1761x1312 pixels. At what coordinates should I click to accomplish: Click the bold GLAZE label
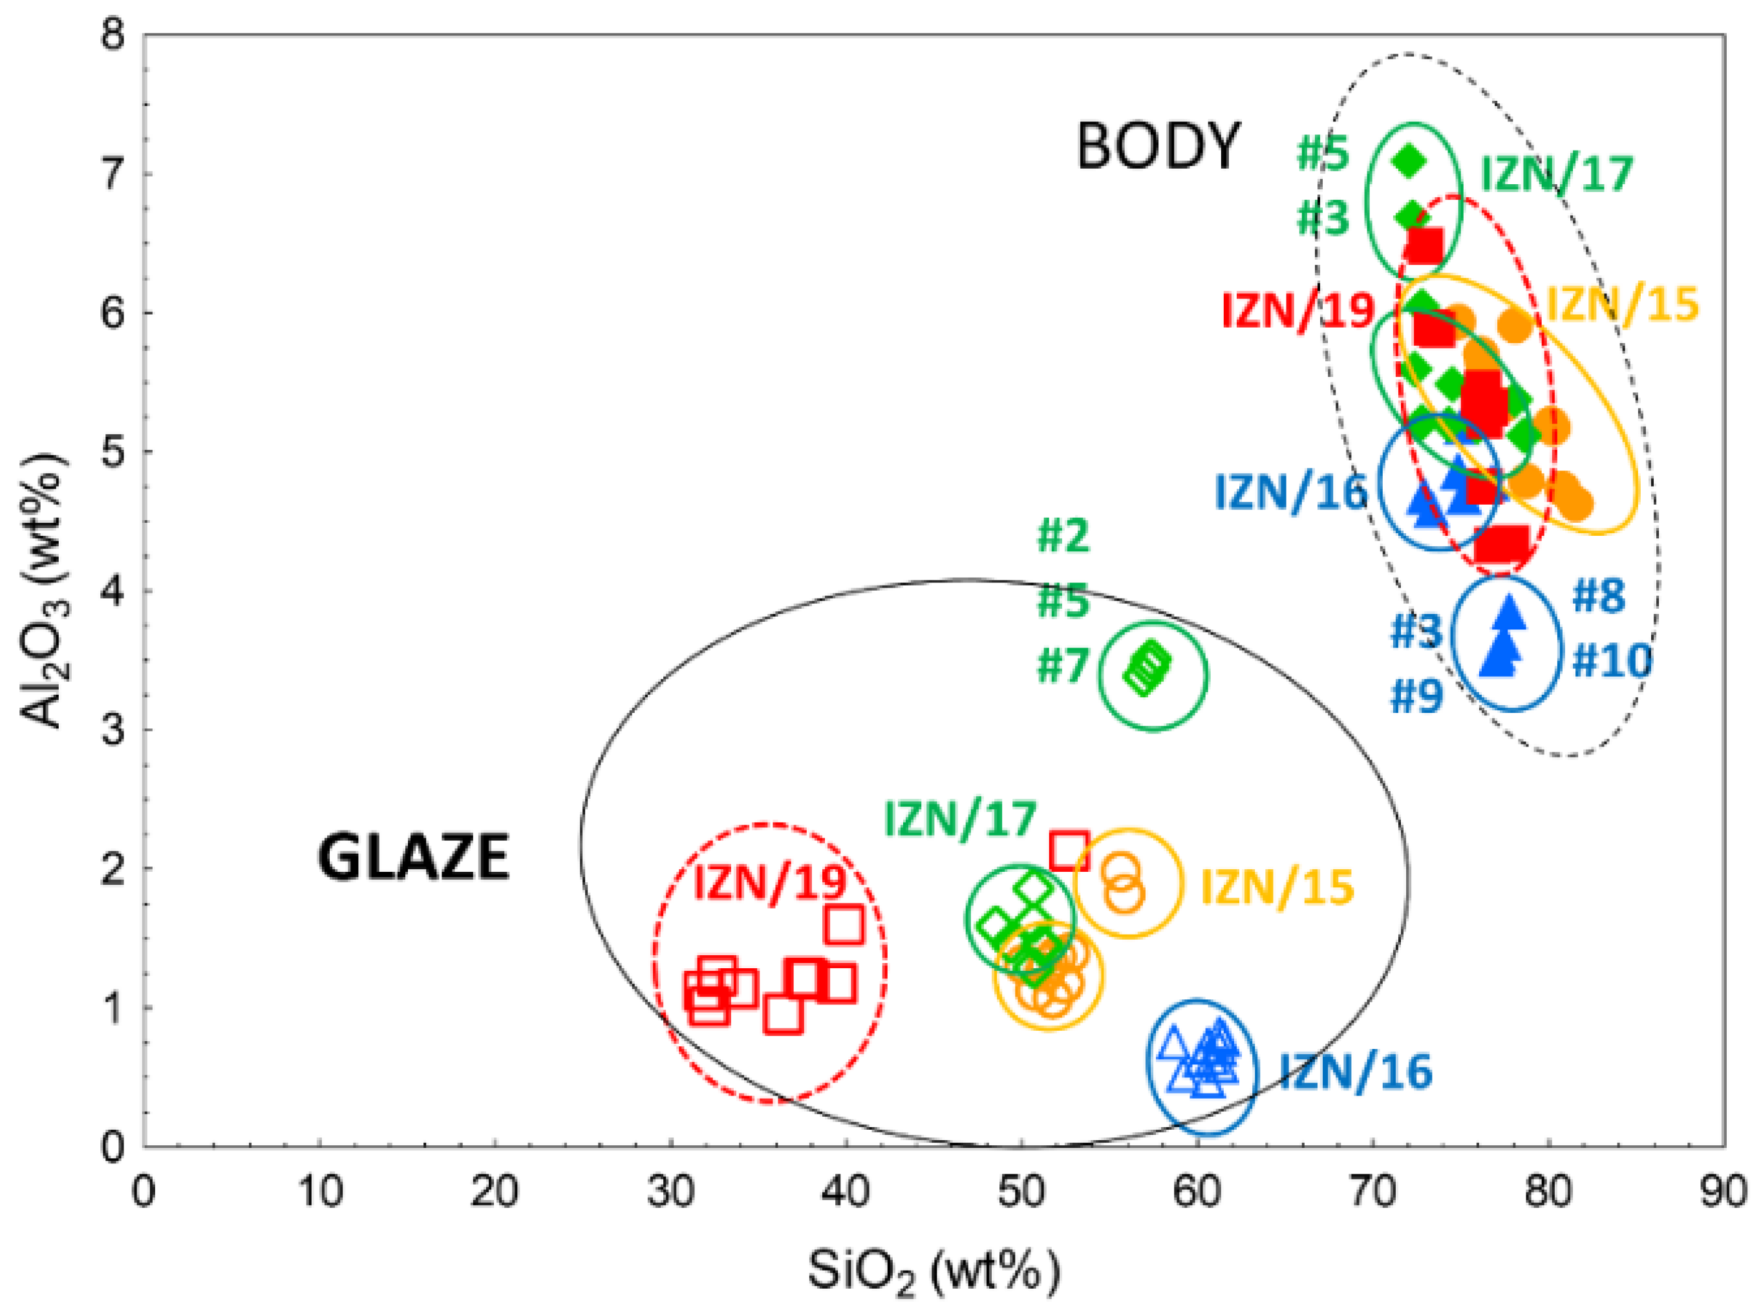413,858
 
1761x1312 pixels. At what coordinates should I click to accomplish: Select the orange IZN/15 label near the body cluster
1623,305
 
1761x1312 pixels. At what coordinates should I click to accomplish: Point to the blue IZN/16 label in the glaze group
1355,1072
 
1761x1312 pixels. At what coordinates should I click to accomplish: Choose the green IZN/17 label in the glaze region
960,820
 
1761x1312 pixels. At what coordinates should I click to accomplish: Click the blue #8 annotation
1599,597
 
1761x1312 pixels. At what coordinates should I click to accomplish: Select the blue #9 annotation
1417,697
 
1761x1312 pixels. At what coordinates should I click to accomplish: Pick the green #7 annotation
1062,666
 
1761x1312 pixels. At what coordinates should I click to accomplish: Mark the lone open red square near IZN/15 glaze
1069,851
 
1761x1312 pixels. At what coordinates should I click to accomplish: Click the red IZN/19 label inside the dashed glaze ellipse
770,882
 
